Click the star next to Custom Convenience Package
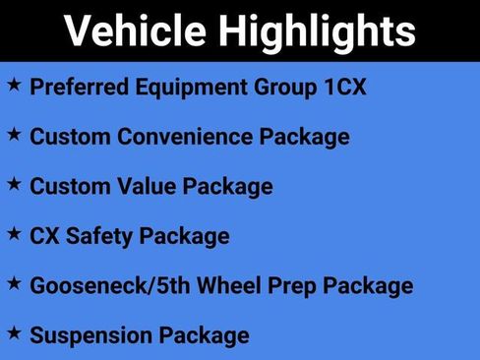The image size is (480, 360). [x=14, y=135]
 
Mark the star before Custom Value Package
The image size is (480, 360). [x=14, y=184]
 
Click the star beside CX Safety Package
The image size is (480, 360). [x=14, y=234]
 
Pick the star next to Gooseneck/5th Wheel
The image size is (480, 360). [x=14, y=284]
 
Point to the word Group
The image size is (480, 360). [x=274, y=87]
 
